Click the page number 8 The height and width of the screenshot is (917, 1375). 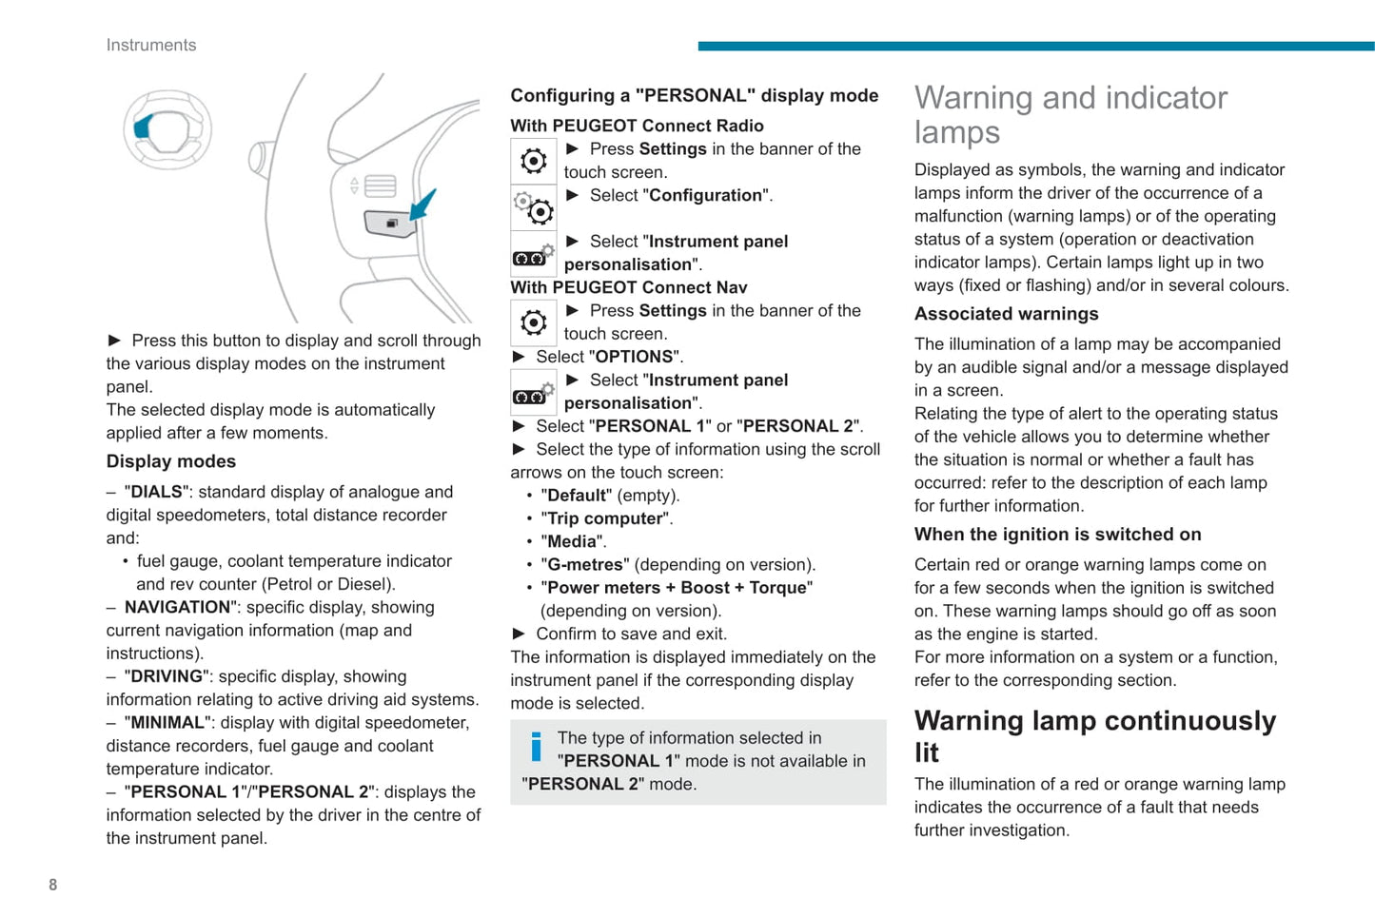[x=53, y=885]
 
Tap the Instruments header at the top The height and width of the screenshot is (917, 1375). [x=151, y=45]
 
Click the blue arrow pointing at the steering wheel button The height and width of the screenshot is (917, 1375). [x=423, y=204]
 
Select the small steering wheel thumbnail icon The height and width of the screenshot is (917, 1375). [x=167, y=129]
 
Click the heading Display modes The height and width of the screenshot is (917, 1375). [x=171, y=461]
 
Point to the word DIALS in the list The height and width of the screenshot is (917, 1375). [x=156, y=492]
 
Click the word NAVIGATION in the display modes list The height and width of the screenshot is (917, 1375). [x=177, y=607]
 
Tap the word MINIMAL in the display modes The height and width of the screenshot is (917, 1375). [x=167, y=723]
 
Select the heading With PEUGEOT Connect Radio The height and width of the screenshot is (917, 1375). [x=637, y=126]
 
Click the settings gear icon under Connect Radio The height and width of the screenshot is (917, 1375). [x=534, y=161]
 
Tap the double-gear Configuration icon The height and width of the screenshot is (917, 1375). [x=534, y=207]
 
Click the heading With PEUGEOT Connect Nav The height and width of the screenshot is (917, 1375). [x=629, y=287]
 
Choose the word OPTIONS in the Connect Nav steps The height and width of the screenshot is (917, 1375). [x=634, y=357]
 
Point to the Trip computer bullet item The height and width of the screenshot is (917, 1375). [x=605, y=518]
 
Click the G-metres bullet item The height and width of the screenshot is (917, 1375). [x=584, y=565]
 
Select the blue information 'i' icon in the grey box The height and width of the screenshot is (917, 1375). [x=536, y=747]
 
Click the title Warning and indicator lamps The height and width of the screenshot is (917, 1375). [x=1071, y=114]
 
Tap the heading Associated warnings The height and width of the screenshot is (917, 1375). [x=1007, y=314]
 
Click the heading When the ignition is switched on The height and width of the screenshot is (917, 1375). [x=1058, y=535]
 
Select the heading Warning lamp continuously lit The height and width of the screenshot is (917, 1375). [x=1094, y=736]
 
